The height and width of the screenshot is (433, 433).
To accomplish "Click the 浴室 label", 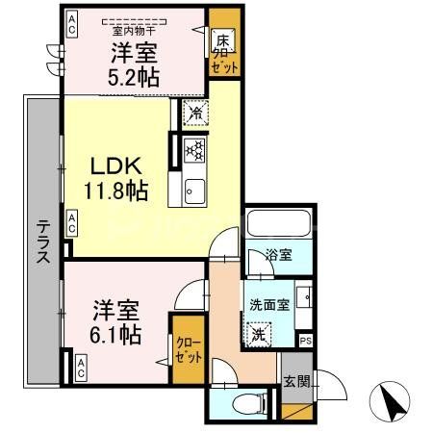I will coord(279,256).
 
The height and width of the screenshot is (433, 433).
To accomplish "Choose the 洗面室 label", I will coord(268,305).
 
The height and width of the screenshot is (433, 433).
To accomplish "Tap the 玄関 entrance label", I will coord(296,380).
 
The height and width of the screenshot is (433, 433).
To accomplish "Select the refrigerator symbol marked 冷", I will coord(194,112).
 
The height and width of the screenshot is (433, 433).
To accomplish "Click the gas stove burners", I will coord(193,148).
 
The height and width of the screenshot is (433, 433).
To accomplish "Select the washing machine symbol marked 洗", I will coord(258,335).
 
